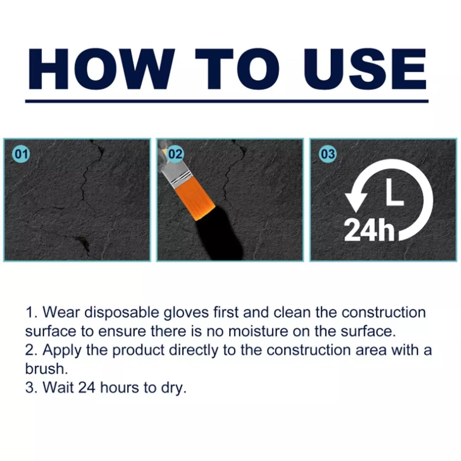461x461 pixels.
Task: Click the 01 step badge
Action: pyautogui.click(x=21, y=154)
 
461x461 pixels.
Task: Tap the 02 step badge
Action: pyautogui.click(x=175, y=154)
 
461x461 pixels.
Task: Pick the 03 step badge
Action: pyautogui.click(x=328, y=154)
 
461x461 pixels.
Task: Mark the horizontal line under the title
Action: pyautogui.click(x=227, y=101)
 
